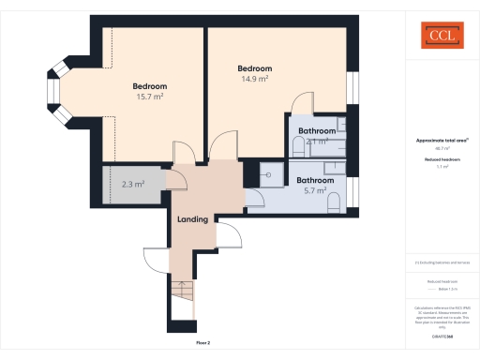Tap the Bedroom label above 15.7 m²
pos(150,85)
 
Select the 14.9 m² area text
pos(255,80)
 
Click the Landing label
pos(192,219)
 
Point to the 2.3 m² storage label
pos(132,185)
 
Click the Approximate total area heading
pos(441,141)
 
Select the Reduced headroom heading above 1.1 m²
pos(441,160)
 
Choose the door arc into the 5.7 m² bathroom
pos(254,197)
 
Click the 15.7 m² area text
pos(150,97)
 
